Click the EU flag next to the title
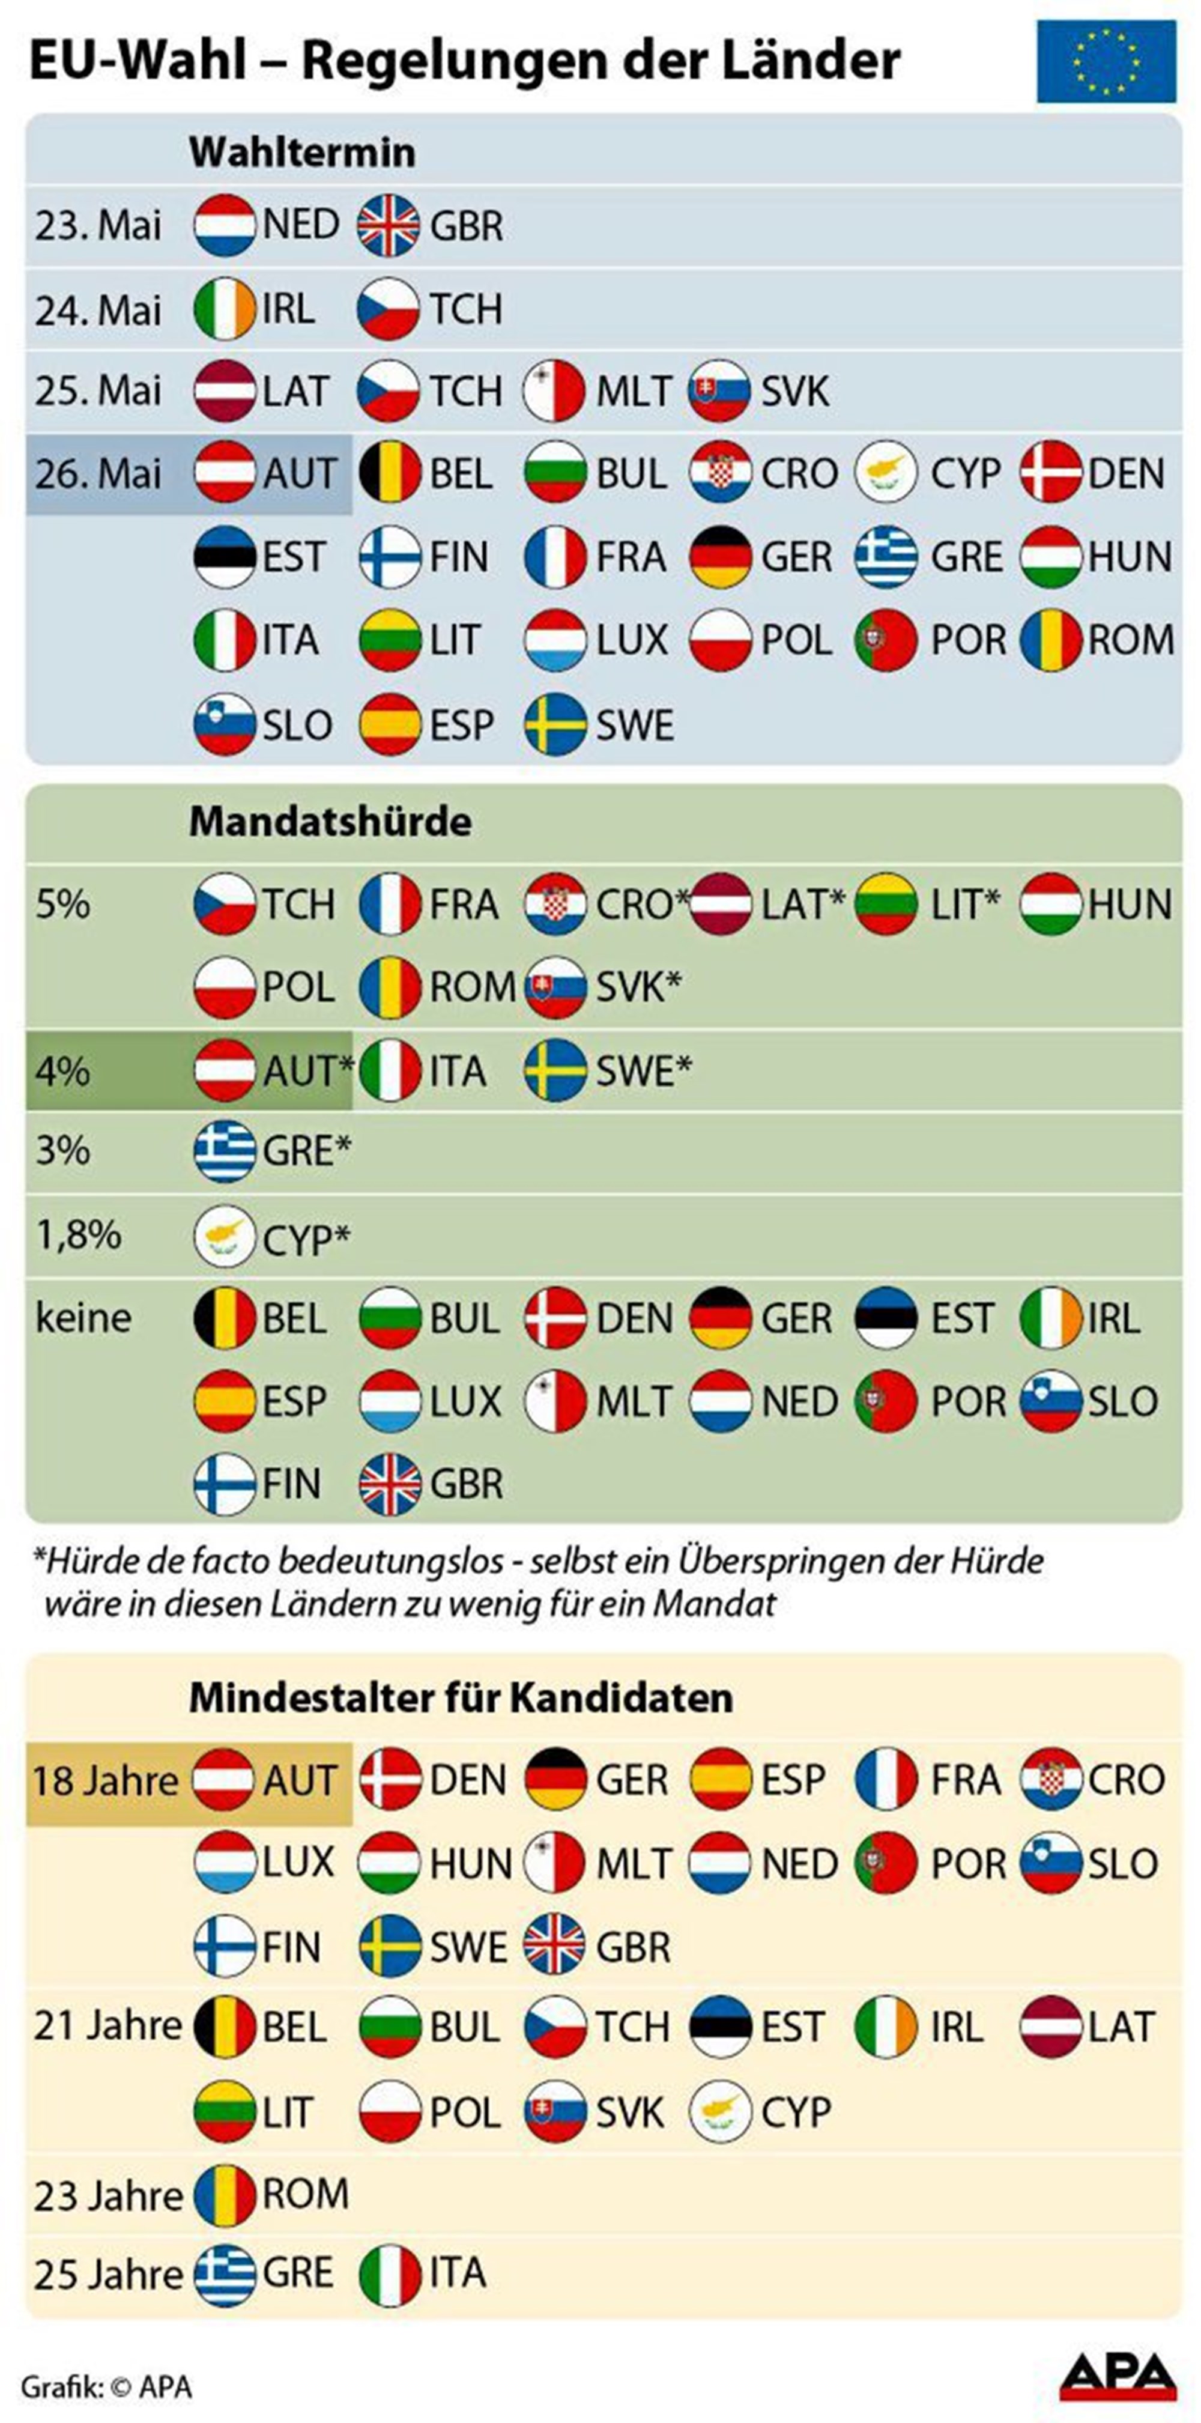(x=1106, y=62)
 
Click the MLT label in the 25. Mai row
(x=634, y=391)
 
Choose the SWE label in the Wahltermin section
(x=635, y=725)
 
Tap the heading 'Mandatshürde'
(x=330, y=821)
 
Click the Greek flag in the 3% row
(x=224, y=1151)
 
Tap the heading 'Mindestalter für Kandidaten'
(x=460, y=1698)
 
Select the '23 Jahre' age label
(x=107, y=2197)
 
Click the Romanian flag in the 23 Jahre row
(x=224, y=2197)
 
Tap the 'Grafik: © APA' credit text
(x=106, y=2386)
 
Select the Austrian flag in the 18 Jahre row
(x=224, y=1780)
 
